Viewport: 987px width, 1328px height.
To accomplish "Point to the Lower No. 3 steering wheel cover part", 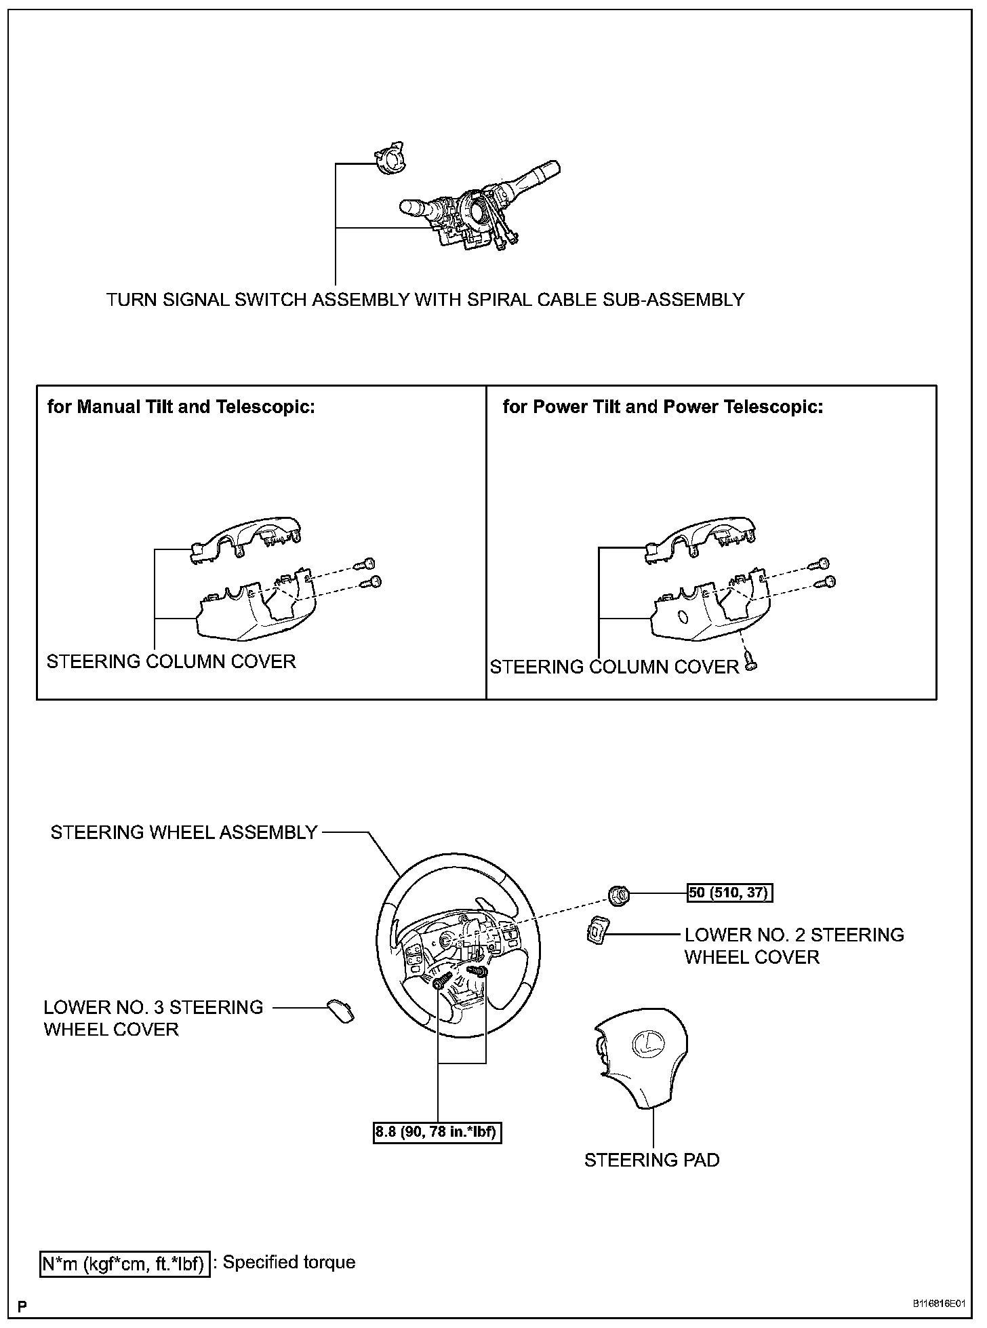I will pyautogui.click(x=340, y=1011).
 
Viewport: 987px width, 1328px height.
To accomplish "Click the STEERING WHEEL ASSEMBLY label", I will pyautogui.click(x=184, y=832).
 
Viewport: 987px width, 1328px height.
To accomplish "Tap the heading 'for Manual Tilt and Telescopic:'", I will pyautogui.click(x=181, y=407).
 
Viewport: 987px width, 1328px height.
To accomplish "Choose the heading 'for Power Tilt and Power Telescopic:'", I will pyautogui.click(x=662, y=407).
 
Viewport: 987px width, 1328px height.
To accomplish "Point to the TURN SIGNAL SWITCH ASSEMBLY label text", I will pyautogui.click(x=425, y=300).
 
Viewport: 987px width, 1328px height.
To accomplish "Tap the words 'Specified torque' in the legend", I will pyautogui.click(x=289, y=1262).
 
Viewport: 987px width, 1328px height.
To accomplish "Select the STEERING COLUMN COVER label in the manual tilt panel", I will pyautogui.click(x=171, y=661).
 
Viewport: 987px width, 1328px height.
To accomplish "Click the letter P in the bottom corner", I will pyautogui.click(x=23, y=1306).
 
